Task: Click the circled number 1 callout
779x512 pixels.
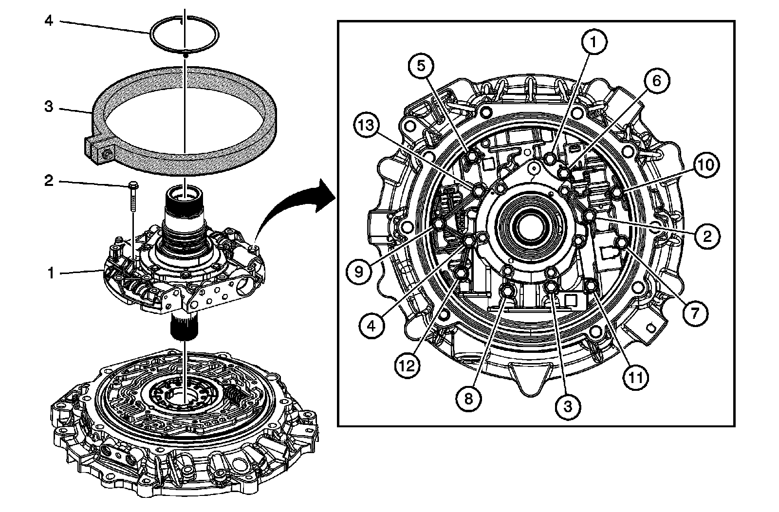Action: [x=593, y=42]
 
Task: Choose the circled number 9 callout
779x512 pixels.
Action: [x=359, y=272]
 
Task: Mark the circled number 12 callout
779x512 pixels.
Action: [x=407, y=365]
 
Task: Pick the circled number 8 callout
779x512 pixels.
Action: [x=468, y=399]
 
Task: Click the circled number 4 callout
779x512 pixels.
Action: [x=372, y=326]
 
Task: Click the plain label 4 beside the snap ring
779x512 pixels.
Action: [x=47, y=21]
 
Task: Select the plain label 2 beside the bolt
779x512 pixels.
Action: [x=48, y=181]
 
